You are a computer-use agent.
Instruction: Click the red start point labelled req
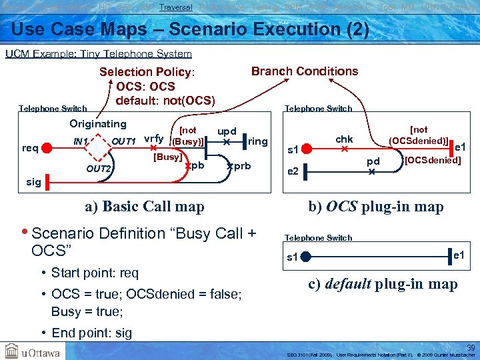pyautogui.click(x=46, y=148)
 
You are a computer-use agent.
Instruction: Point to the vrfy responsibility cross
pyautogui.click(x=153, y=148)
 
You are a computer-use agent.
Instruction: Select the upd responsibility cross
pyautogui.click(x=227, y=142)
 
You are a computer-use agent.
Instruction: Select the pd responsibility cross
pyautogui.click(x=372, y=171)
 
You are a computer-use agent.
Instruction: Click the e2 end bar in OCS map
pyautogui.click(x=303, y=171)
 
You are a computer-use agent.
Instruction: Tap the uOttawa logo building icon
pyautogui.click(x=11, y=350)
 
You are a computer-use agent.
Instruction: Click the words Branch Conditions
pyautogui.click(x=304, y=71)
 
